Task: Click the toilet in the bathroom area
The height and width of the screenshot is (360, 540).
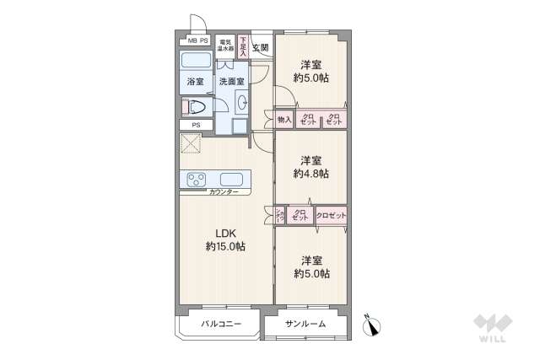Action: pyautogui.click(x=196, y=106)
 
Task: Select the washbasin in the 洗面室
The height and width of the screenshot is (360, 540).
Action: pyautogui.click(x=243, y=103)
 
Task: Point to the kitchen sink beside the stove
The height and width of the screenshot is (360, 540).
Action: pyautogui.click(x=233, y=179)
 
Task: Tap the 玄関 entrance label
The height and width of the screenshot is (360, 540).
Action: pyautogui.click(x=260, y=47)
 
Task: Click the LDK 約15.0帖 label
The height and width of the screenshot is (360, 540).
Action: pyautogui.click(x=224, y=240)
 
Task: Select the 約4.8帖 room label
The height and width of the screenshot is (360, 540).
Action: pyautogui.click(x=310, y=167)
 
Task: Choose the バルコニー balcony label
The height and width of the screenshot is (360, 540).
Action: pyautogui.click(x=221, y=324)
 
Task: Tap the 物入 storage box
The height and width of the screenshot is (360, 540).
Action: pyautogui.click(x=283, y=121)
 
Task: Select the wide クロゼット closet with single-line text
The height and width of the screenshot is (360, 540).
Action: pyautogui.click(x=332, y=217)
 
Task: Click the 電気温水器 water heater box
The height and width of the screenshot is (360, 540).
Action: pyautogui.click(x=225, y=46)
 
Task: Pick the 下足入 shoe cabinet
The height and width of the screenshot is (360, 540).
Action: pyautogui.click(x=243, y=46)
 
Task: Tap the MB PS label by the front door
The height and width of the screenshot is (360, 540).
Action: pyautogui.click(x=197, y=40)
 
